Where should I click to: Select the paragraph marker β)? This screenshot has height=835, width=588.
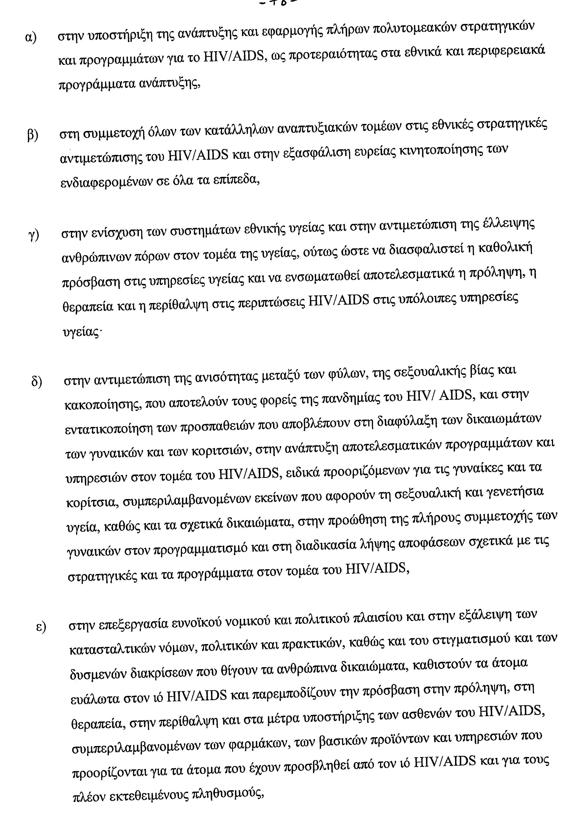(x=33, y=136)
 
